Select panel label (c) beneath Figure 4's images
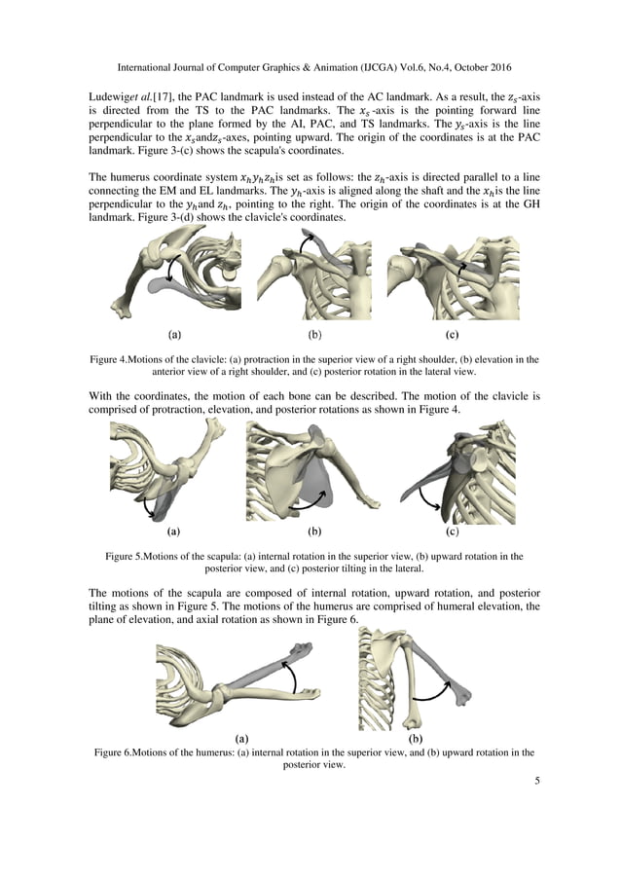(x=452, y=334)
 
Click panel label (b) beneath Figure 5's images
(x=313, y=532)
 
